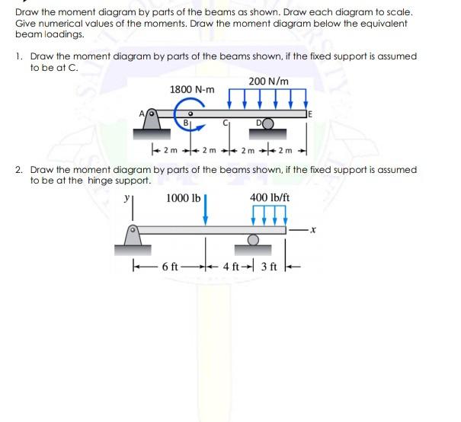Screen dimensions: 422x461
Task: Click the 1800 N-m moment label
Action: tap(191, 90)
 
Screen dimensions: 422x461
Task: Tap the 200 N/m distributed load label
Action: tap(267, 82)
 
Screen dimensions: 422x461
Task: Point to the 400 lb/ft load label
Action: tap(271, 200)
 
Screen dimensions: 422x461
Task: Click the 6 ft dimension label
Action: tap(170, 267)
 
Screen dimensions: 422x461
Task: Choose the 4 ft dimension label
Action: tap(234, 267)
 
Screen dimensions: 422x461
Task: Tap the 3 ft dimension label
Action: tap(273, 267)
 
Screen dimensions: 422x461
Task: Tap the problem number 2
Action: tap(18, 168)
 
